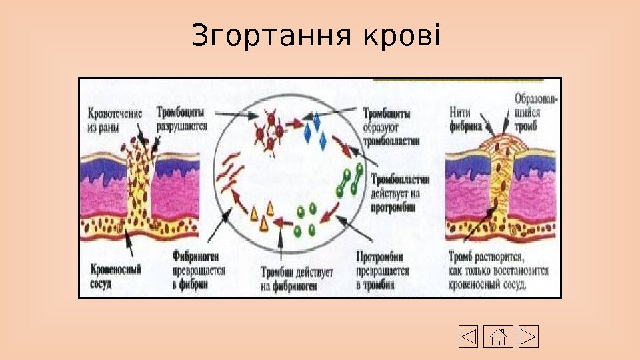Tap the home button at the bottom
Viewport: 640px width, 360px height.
[498, 337]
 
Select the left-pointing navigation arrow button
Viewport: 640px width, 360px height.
[469, 337]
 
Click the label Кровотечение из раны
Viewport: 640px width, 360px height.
[115, 118]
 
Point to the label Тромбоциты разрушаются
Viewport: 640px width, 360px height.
[181, 118]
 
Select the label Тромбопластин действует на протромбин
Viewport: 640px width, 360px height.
[400, 193]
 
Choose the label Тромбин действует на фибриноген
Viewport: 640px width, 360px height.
[291, 280]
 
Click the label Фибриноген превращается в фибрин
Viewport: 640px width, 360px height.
[198, 271]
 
